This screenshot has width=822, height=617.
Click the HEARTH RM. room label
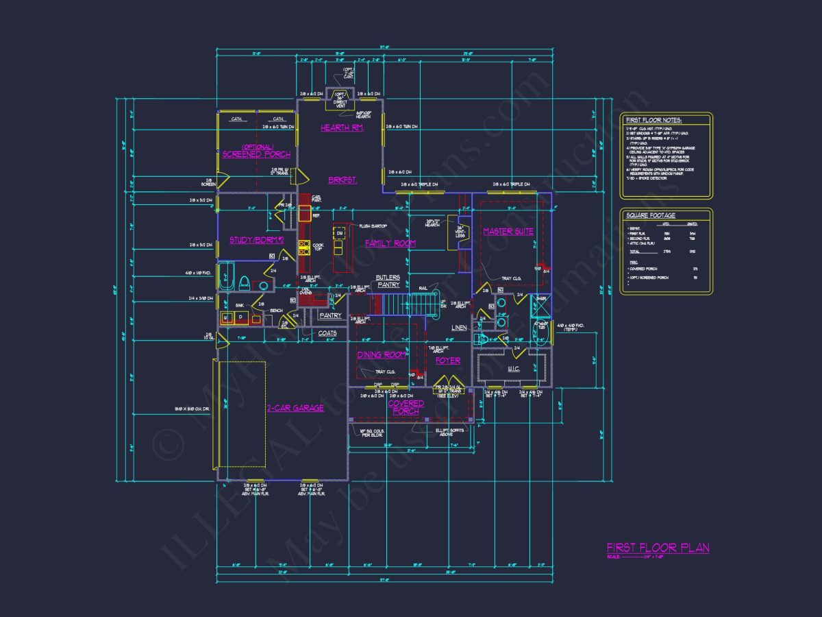point(341,128)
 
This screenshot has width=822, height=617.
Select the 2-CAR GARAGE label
point(295,408)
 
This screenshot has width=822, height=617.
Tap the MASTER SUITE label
point(508,232)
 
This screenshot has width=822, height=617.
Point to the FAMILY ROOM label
point(390,243)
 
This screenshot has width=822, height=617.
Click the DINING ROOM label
point(382,355)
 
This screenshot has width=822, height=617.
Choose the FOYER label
point(448,361)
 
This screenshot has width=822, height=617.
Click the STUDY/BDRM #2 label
point(247,240)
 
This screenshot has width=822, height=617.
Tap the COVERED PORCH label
point(406,407)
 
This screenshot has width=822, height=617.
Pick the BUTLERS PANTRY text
point(387,281)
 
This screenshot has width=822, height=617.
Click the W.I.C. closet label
point(514,370)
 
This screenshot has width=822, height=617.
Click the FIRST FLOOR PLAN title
point(658,547)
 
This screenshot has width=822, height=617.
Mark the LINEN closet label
point(459,328)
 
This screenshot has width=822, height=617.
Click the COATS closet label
point(327,334)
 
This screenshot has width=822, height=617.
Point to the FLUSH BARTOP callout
point(373,226)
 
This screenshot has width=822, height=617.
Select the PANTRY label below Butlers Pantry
point(330,316)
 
